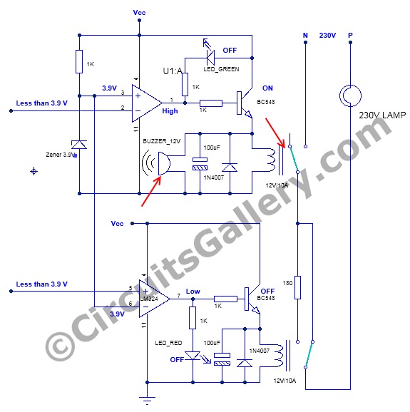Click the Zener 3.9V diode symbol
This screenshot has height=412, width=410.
point(79,145)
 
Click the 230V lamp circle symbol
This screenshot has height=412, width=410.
point(350,96)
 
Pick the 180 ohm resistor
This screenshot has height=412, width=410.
point(297,287)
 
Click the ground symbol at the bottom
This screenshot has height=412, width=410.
point(147,399)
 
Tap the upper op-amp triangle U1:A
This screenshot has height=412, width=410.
point(147,103)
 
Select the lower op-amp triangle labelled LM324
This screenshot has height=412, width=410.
point(154,299)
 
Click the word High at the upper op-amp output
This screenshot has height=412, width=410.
point(170,111)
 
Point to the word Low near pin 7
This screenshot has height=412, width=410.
point(193,291)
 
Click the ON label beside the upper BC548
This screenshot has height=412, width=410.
point(267,88)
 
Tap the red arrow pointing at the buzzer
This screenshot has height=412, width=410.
point(151,191)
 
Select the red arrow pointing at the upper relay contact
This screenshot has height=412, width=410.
point(275,133)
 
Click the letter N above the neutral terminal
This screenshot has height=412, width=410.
point(305,35)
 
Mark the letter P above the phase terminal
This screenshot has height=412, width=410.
point(350,35)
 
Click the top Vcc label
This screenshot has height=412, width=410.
point(139,13)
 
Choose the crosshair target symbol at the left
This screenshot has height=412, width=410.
point(34,172)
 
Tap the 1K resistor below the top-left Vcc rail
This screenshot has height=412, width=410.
point(79,61)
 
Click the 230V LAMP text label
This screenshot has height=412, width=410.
point(382,115)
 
